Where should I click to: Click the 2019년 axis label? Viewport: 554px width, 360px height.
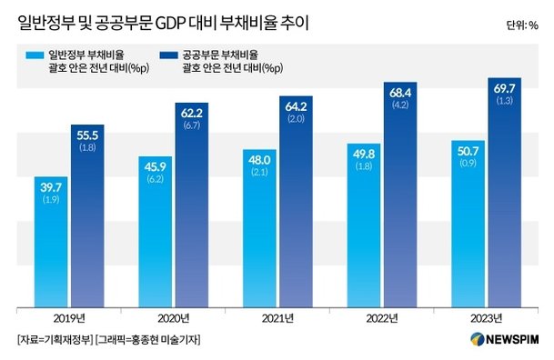click(68, 317)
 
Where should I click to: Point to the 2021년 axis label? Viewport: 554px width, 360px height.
click(277, 317)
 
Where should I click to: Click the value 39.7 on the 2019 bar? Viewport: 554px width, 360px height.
click(51, 186)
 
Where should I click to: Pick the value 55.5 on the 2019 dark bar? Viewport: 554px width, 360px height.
click(88, 135)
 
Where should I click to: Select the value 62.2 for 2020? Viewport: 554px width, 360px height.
click(192, 113)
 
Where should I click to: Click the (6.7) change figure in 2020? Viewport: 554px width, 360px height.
click(192, 125)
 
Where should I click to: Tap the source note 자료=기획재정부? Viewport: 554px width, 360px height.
click(51, 340)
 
